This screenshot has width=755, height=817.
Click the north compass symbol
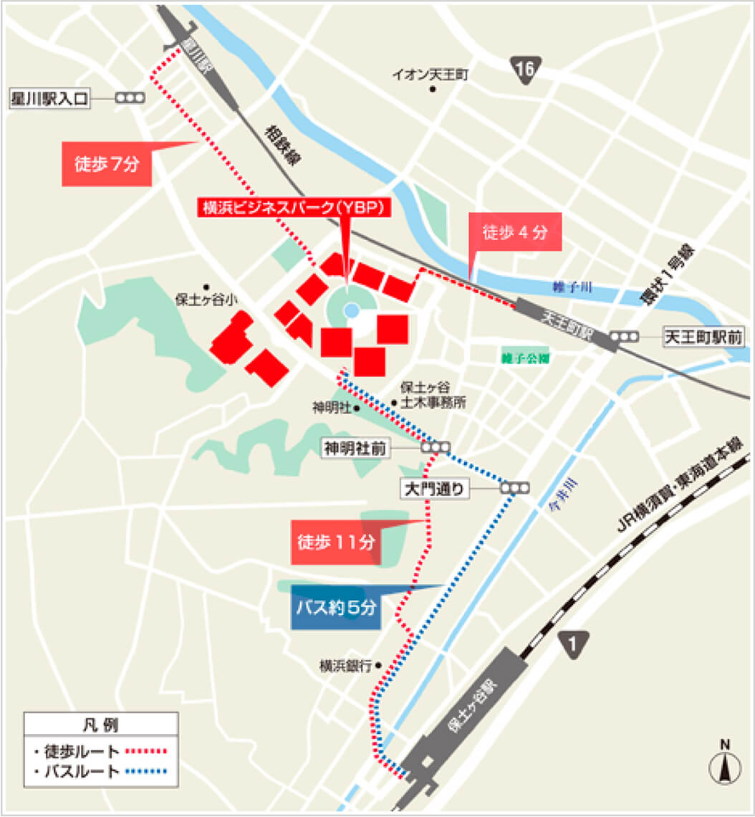tap(725, 766)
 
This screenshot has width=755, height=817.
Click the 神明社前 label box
tap(355, 448)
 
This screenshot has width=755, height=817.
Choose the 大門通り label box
tap(436, 489)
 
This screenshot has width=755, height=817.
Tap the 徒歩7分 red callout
tap(107, 164)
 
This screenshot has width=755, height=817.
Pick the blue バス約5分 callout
tap(337, 608)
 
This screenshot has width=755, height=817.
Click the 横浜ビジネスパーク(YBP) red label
tap(294, 207)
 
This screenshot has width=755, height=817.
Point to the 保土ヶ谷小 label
tap(206, 300)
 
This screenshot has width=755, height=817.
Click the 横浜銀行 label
tap(345, 666)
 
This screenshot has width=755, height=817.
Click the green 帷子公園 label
tap(526, 358)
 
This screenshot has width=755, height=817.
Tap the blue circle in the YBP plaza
tap(351, 310)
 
